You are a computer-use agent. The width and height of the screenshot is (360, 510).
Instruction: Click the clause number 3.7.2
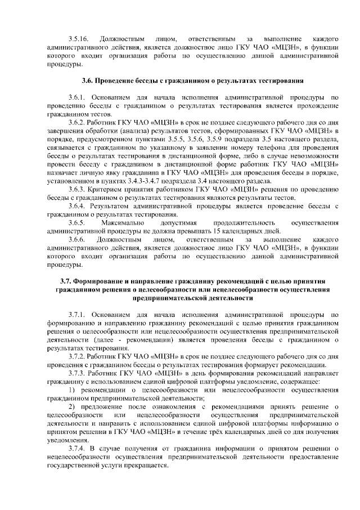(76, 357)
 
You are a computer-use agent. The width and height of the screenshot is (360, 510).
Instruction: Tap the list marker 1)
(71, 390)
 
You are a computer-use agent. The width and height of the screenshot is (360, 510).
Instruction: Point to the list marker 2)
(71, 406)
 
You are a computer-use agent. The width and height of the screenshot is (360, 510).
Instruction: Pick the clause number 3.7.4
(76, 449)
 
